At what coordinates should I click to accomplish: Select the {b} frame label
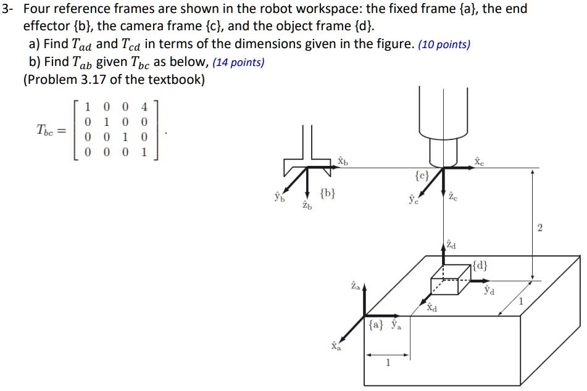(328, 196)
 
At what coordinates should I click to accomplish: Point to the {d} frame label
(481, 266)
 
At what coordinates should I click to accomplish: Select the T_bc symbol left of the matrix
(47, 130)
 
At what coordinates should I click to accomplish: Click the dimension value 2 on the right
(540, 229)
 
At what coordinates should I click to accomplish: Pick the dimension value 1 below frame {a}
(387, 363)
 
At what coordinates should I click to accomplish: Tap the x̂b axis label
(343, 160)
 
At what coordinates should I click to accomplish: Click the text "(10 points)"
(444, 44)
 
